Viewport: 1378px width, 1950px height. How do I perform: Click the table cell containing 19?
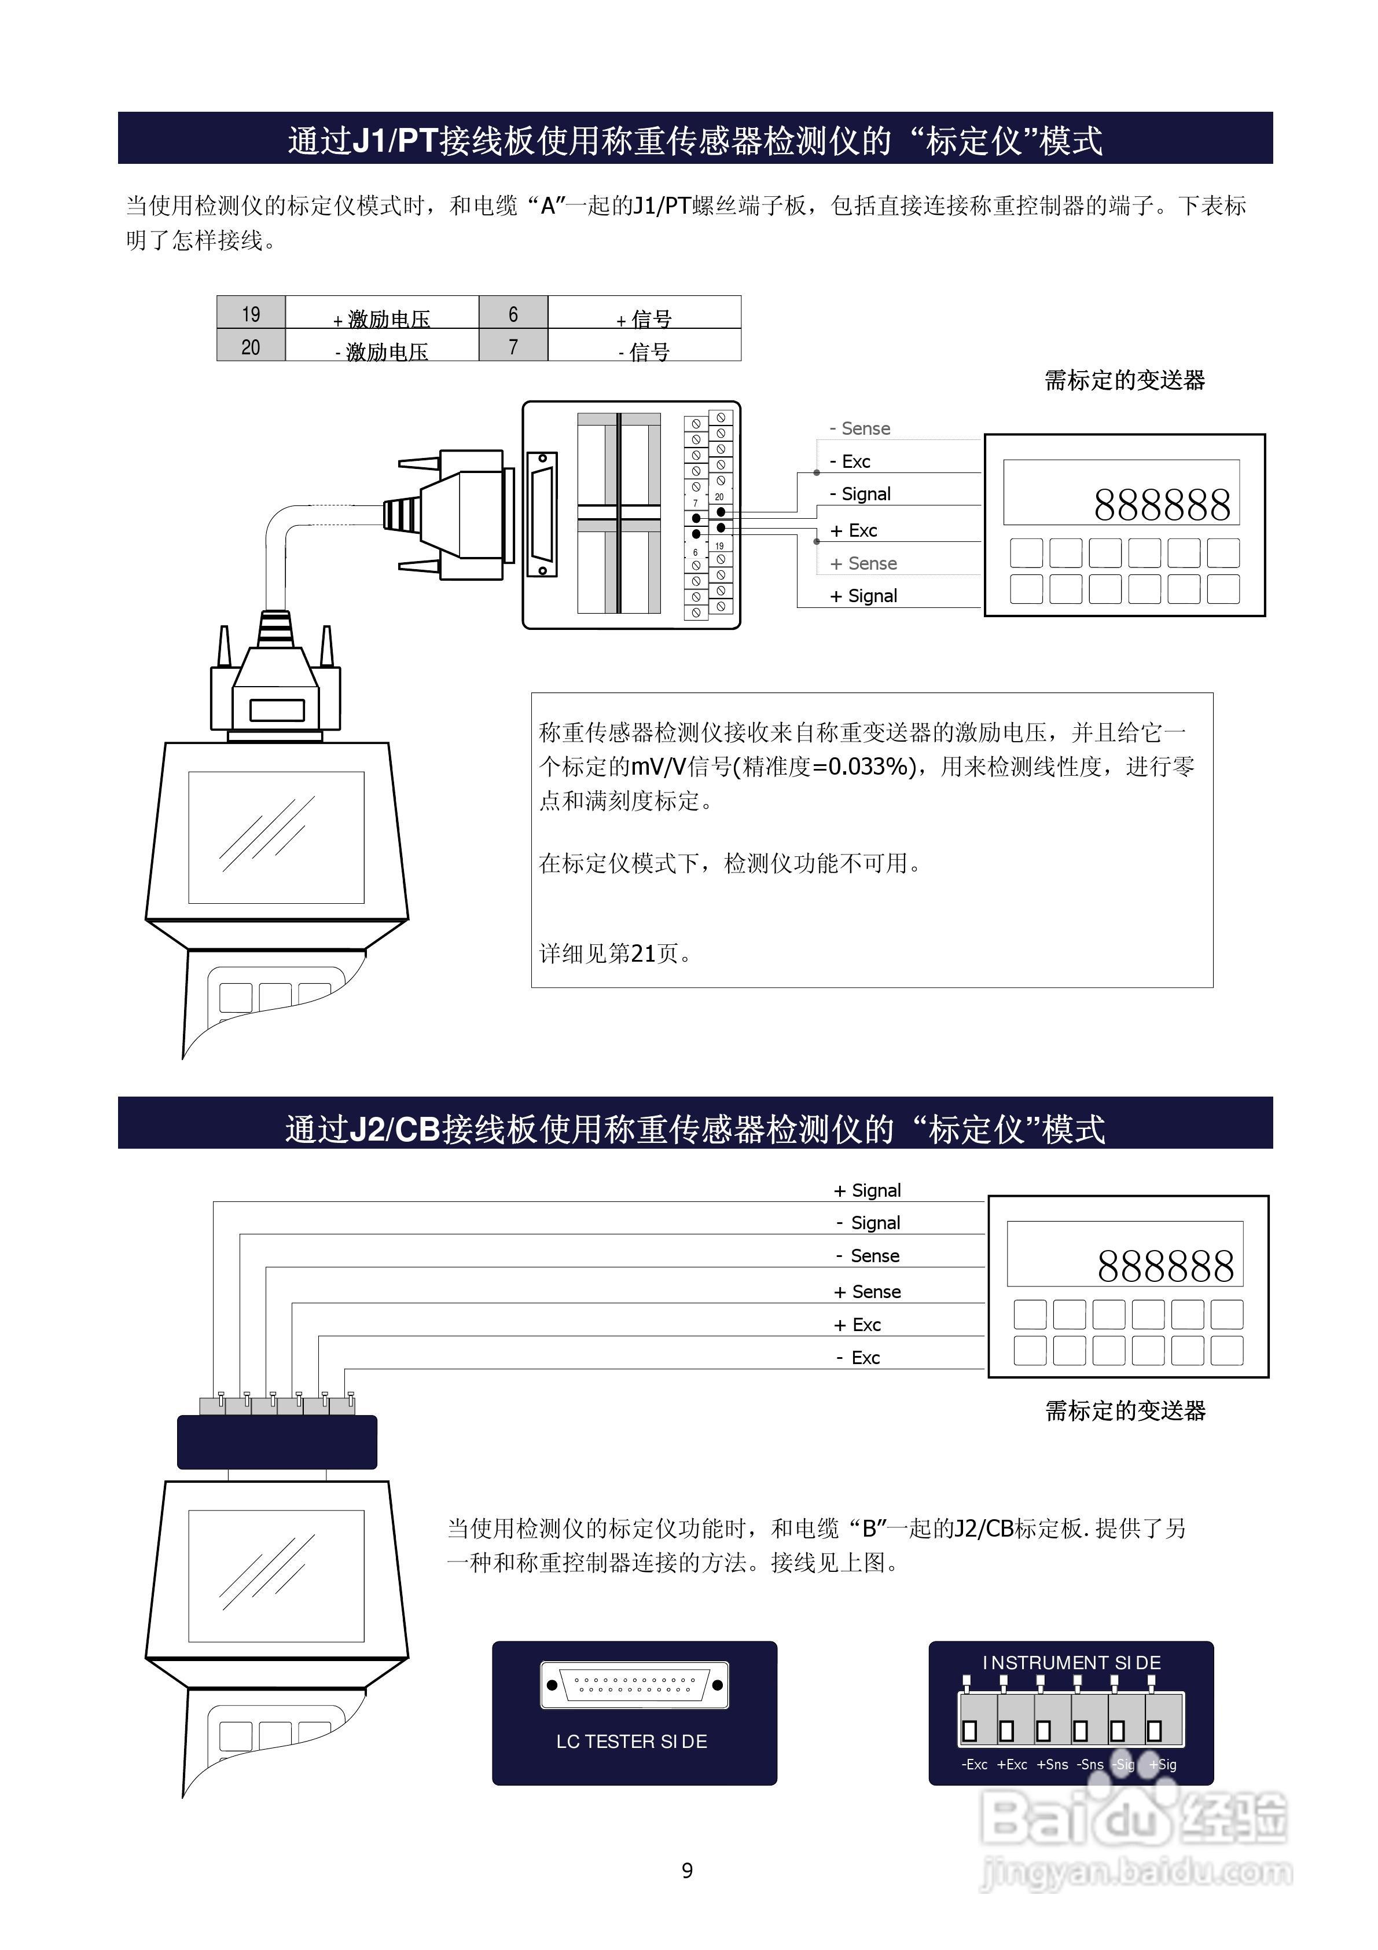[x=251, y=313]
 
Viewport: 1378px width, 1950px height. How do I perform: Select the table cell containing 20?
[x=251, y=346]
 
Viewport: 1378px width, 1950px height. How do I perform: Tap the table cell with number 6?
[x=513, y=313]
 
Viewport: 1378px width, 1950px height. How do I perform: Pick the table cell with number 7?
[x=513, y=346]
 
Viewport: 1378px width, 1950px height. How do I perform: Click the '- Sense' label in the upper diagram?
[x=859, y=428]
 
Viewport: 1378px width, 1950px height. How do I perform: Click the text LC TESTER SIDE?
[x=631, y=1741]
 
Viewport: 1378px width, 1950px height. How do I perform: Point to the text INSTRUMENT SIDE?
[x=1071, y=1662]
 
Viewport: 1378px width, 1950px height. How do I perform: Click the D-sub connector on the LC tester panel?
[x=634, y=1685]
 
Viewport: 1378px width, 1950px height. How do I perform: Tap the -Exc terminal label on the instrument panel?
[x=974, y=1764]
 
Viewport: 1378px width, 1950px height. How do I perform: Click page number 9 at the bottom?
[x=687, y=1870]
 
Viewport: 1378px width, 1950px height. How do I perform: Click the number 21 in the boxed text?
[x=643, y=953]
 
